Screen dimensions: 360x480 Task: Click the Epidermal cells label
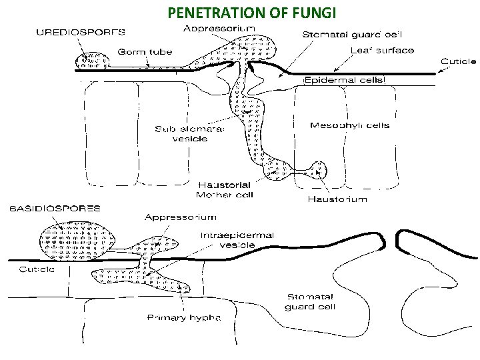point(345,80)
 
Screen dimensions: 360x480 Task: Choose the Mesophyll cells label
point(350,125)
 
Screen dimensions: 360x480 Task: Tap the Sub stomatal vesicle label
point(190,134)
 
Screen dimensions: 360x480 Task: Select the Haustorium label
point(337,199)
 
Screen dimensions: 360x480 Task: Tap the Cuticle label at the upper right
point(458,61)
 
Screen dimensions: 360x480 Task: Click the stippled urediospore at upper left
point(93,61)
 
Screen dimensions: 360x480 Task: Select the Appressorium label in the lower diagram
point(181,217)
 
